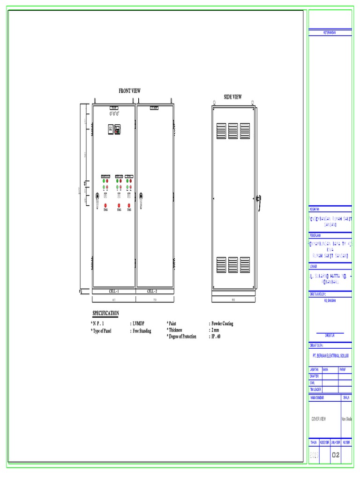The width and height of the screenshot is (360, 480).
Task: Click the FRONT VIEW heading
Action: click(130, 91)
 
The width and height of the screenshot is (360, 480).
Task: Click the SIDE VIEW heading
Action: click(232, 97)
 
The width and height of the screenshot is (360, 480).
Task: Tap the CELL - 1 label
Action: click(114, 292)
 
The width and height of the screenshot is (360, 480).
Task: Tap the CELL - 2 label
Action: click(152, 292)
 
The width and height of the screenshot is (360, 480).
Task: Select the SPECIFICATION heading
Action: click(105, 313)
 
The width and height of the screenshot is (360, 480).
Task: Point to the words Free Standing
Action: click(142, 331)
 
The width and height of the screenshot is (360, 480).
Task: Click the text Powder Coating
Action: click(222, 324)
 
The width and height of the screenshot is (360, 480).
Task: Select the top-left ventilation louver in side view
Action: click(221, 131)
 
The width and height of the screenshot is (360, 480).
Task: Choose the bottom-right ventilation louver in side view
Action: click(245, 265)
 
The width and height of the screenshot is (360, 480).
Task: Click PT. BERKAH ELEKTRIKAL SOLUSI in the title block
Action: click(330, 356)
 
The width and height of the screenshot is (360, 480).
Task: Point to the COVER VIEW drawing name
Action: click(319, 419)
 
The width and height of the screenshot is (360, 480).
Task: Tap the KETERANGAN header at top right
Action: click(330, 32)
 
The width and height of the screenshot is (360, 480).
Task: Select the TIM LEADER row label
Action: click(315, 389)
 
